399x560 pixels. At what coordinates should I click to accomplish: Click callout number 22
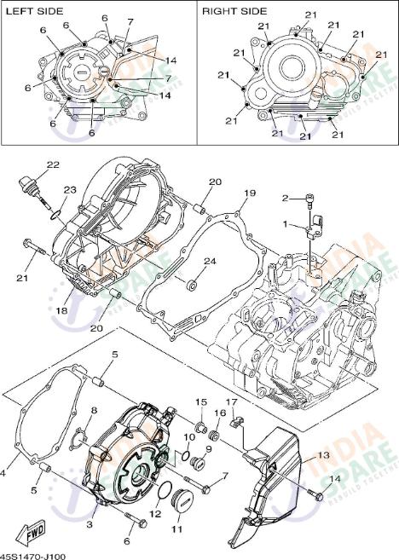point(53,165)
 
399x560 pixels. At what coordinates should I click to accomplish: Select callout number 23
point(69,189)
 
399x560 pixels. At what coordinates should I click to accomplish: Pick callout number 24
point(210,261)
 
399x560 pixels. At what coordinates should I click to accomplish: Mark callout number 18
point(61,311)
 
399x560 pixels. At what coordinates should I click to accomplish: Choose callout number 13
point(323,456)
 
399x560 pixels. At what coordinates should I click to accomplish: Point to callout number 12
point(154,514)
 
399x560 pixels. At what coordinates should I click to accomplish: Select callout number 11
point(177,529)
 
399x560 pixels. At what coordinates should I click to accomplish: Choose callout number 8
point(95,411)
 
